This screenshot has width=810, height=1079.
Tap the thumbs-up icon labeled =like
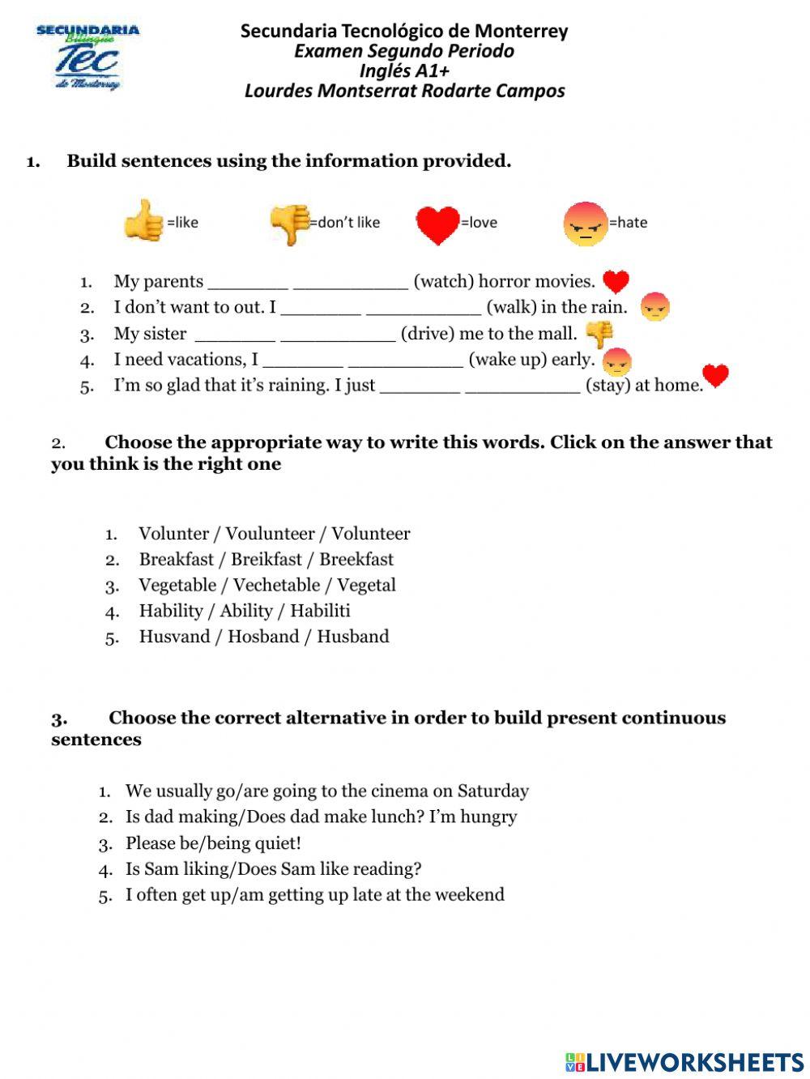pos(143,220)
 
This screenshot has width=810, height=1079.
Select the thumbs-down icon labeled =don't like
pos(289,223)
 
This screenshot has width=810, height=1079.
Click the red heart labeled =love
pos(437,224)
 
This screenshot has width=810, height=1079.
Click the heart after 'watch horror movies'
pos(616,281)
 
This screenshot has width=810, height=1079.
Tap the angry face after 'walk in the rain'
pos(654,308)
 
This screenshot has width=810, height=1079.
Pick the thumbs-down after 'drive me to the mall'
pos(599,334)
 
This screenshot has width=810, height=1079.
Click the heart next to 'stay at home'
pos(715,376)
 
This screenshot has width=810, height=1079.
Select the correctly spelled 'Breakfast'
pos(176,560)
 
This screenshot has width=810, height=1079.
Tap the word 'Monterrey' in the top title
pos(521,32)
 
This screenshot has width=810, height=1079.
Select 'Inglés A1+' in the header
pos(404,70)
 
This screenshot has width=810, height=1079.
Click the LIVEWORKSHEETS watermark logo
pos(684,1062)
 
